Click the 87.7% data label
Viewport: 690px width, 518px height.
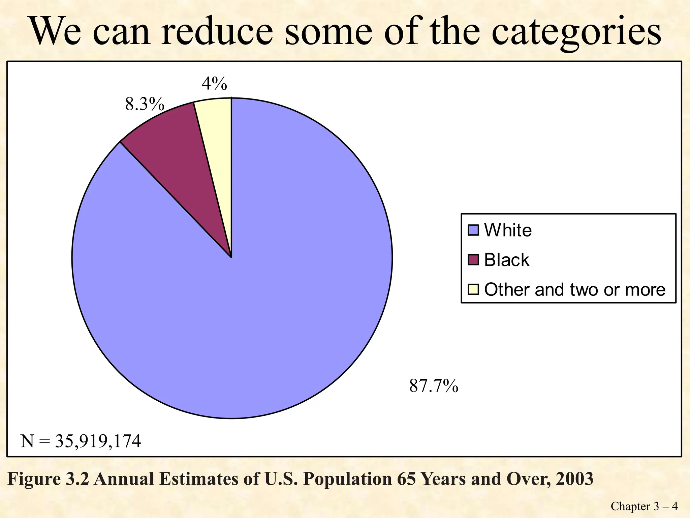pyautogui.click(x=434, y=386)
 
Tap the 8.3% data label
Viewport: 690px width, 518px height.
pyautogui.click(x=145, y=104)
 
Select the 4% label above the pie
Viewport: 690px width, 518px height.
pyautogui.click(x=214, y=84)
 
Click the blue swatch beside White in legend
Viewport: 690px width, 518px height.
pyautogui.click(x=473, y=230)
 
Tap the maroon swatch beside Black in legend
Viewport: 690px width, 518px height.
pyautogui.click(x=473, y=260)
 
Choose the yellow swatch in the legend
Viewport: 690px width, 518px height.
pyautogui.click(x=473, y=289)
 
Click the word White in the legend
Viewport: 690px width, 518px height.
pyautogui.click(x=508, y=230)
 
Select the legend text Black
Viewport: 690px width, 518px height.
pyautogui.click(x=506, y=260)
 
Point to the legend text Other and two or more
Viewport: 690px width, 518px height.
pyautogui.click(x=574, y=290)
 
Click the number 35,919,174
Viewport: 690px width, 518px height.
pyautogui.click(x=98, y=441)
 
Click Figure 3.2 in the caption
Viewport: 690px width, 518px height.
pyautogui.click(x=48, y=479)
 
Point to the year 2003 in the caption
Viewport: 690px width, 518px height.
pyautogui.click(x=574, y=479)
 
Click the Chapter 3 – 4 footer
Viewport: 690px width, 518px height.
pyautogui.click(x=644, y=506)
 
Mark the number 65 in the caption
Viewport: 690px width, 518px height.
pyautogui.click(x=406, y=479)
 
